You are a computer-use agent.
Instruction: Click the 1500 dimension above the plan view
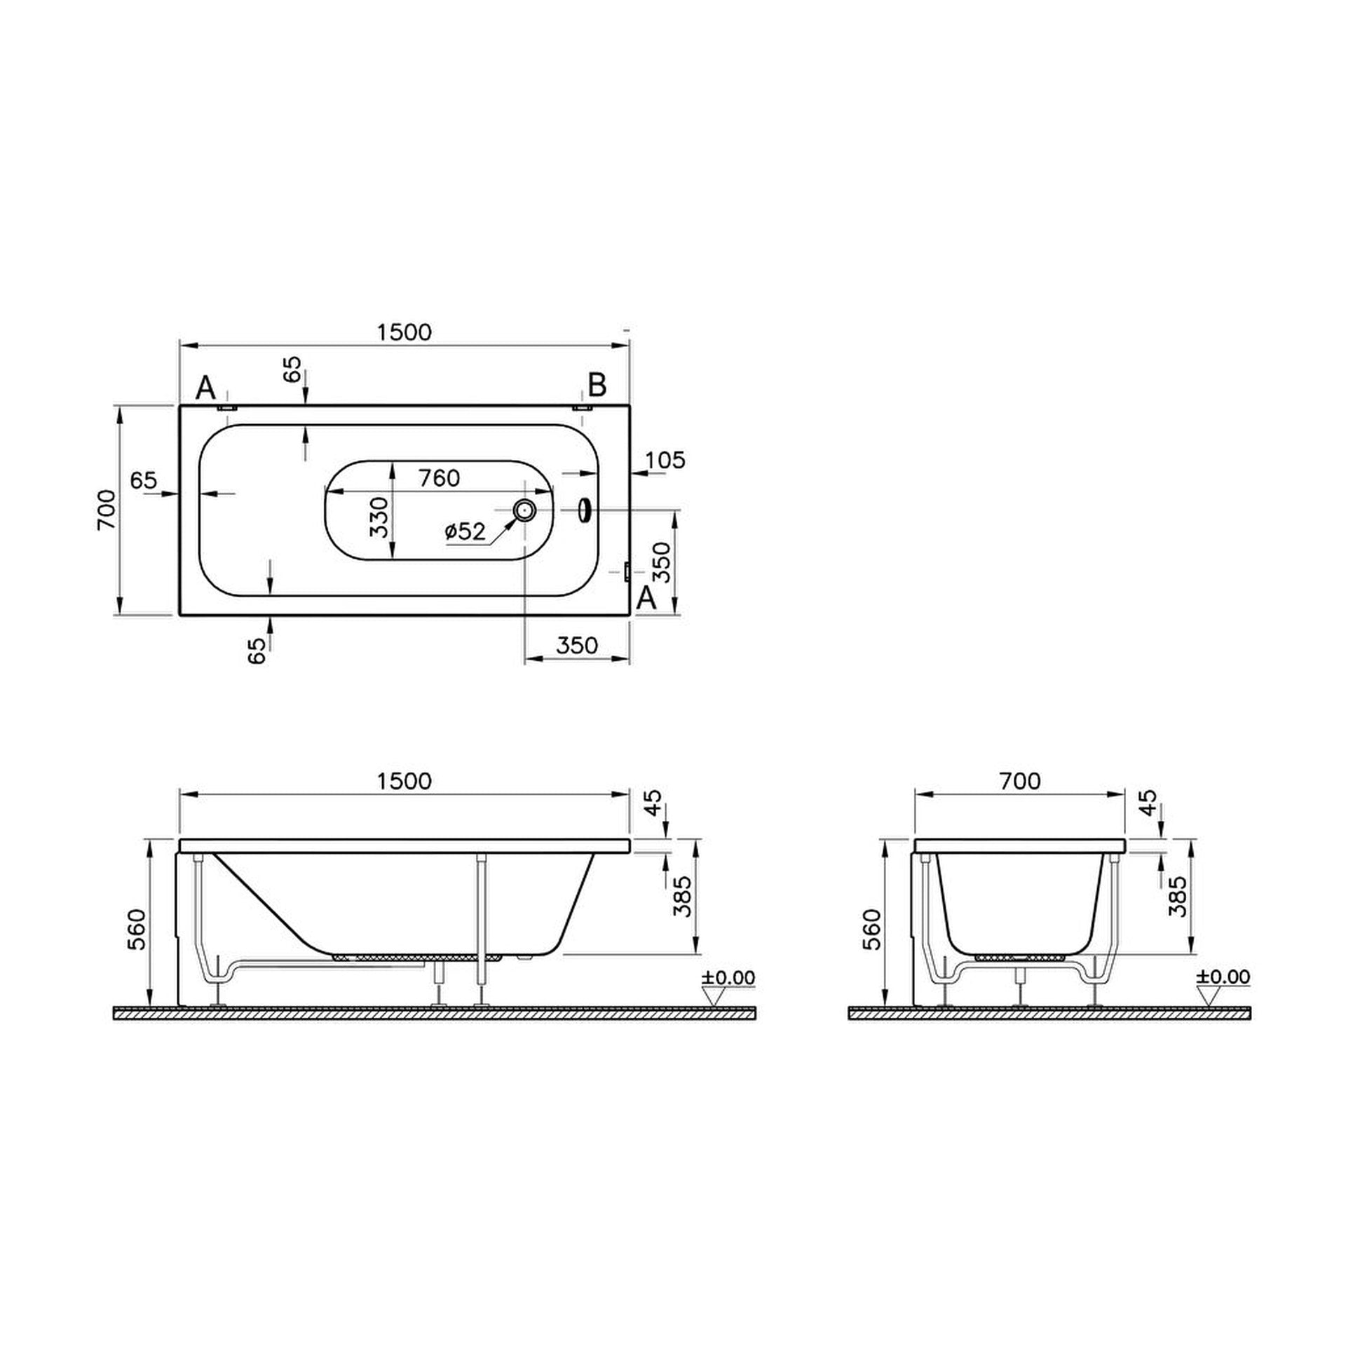[404, 332]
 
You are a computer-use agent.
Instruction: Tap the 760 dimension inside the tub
[439, 478]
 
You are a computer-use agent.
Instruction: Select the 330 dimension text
[379, 517]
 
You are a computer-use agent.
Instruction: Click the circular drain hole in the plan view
[524, 510]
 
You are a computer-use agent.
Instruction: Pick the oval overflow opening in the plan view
[583, 510]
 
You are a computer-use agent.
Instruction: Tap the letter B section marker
[597, 385]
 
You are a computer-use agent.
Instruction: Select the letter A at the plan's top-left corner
[205, 387]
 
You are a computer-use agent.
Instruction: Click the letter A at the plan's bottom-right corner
[646, 598]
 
